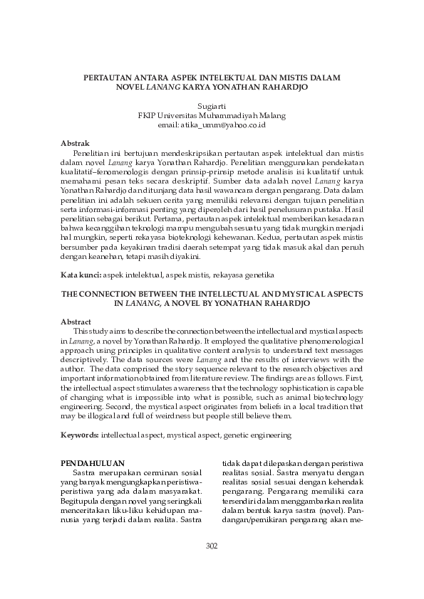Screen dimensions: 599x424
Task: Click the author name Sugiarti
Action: [x=212, y=105]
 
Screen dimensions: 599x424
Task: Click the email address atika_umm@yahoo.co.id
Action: [x=212, y=124]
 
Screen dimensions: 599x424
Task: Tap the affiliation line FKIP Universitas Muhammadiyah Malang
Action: [x=212, y=115]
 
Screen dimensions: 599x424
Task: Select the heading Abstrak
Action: [x=75, y=143]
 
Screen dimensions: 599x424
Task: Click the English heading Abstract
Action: [x=76, y=321]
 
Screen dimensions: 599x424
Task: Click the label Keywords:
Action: [x=81, y=433]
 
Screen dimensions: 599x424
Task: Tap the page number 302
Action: [x=212, y=545]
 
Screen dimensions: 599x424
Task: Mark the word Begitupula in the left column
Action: [x=81, y=501]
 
